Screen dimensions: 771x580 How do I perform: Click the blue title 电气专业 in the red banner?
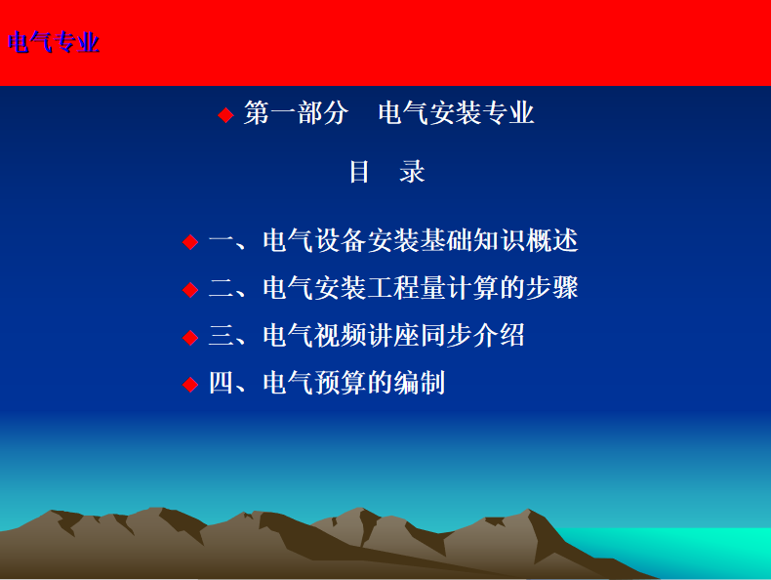click(54, 42)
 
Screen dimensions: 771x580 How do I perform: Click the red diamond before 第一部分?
click(225, 115)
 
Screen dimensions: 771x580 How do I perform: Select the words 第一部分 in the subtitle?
click(297, 112)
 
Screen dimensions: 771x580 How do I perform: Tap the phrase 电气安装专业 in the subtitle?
click(457, 112)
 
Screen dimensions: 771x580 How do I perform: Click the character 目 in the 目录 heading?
click(359, 172)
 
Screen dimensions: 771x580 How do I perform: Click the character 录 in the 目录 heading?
click(412, 172)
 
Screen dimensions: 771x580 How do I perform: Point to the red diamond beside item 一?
click(190, 242)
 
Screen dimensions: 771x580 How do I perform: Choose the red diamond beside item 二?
click(190, 289)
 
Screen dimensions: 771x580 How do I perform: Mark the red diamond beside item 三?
click(190, 338)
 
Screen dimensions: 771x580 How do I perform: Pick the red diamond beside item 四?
click(190, 384)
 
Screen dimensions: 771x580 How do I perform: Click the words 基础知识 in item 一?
click(472, 240)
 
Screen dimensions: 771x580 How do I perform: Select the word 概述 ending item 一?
click(552, 240)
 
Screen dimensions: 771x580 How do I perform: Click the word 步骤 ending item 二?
click(552, 288)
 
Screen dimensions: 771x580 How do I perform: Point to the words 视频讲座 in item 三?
click(367, 336)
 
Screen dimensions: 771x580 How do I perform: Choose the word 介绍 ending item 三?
click(499, 336)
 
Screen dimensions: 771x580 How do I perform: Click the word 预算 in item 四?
click(342, 383)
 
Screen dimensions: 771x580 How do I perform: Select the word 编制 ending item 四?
click(420, 383)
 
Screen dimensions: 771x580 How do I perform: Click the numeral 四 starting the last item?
click(222, 383)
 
